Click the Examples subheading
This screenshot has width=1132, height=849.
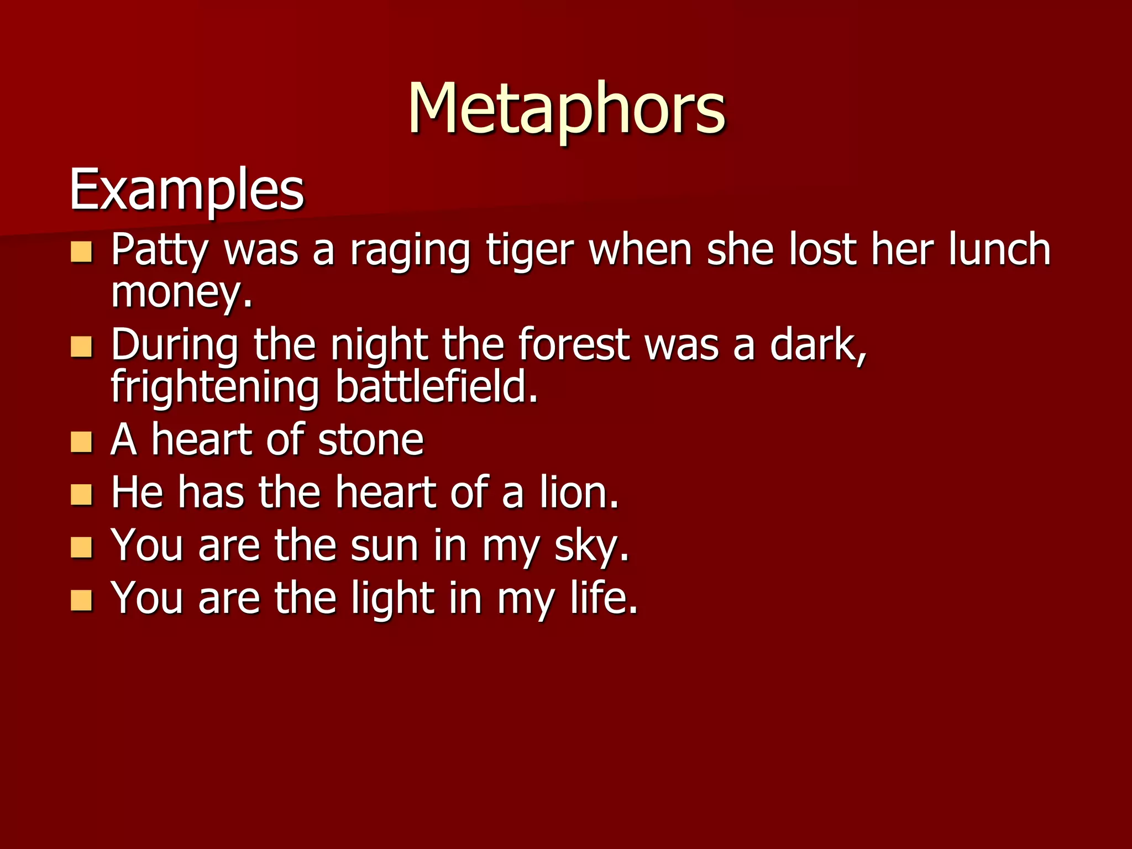point(186,191)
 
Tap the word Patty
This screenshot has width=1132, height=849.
point(159,250)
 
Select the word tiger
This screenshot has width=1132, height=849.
point(530,250)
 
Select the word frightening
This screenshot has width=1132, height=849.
point(215,388)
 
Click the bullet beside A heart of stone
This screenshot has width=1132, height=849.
point(82,442)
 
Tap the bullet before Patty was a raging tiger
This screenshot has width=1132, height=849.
point(82,252)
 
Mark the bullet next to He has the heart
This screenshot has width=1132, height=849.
point(82,495)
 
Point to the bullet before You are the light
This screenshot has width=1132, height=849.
point(82,600)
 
